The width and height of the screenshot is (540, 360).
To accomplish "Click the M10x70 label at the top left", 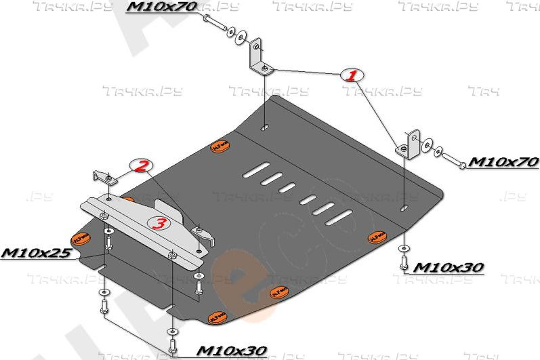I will point(162,7).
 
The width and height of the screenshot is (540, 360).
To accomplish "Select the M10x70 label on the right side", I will point(503,162).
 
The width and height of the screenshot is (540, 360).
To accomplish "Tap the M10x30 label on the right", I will point(448,267).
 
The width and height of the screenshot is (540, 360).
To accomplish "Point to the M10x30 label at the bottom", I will point(231,351).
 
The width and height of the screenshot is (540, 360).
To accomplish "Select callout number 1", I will point(352,75).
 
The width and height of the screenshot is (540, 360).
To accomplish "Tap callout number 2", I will point(142,165).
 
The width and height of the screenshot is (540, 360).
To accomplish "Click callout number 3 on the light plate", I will point(157,224).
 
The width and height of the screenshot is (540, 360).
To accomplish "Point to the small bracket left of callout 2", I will point(103,177).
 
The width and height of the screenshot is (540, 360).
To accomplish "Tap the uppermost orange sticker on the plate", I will point(220,144).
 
